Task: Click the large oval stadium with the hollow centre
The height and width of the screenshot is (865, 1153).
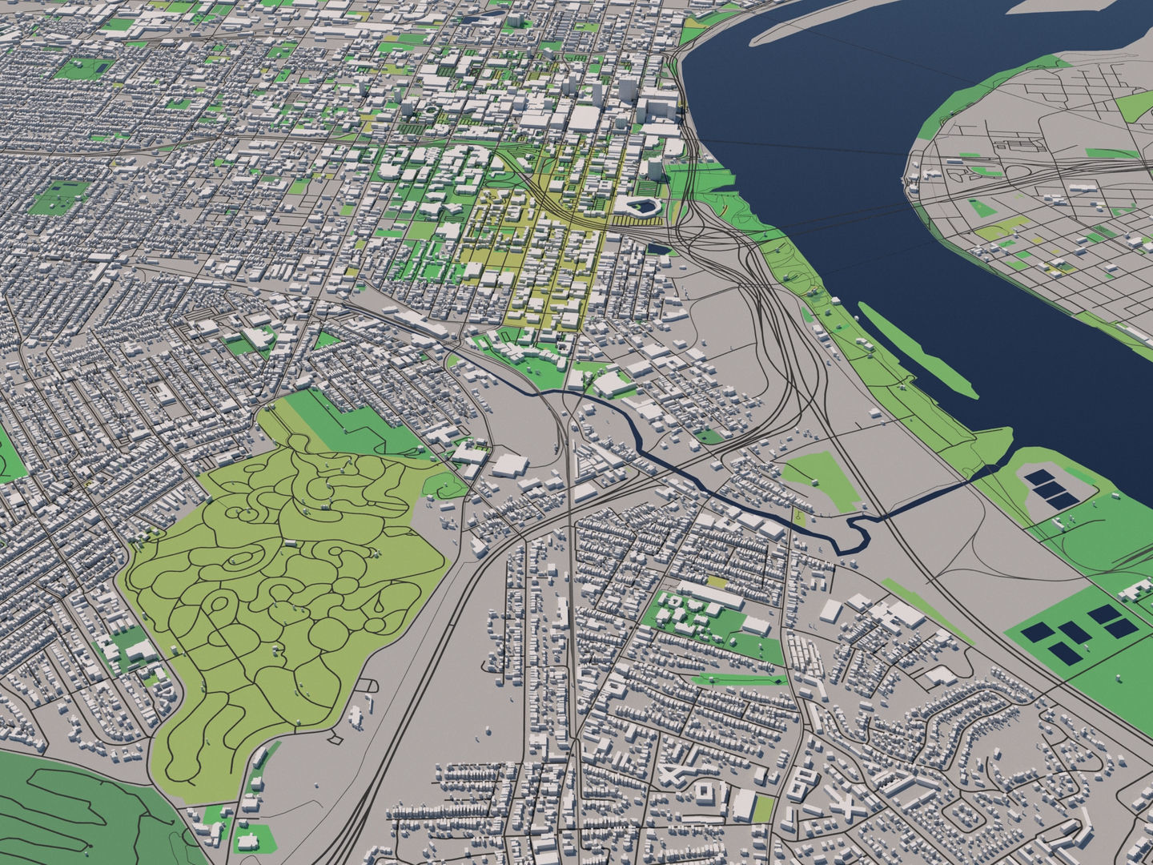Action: point(643,207)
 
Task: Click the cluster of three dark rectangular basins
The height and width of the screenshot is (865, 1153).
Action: point(1051,487)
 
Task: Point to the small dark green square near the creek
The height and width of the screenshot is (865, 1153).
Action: point(709,437)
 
